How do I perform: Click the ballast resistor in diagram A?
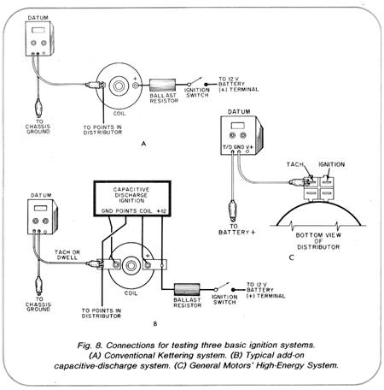[x=162, y=85]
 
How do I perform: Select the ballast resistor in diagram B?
[x=187, y=290]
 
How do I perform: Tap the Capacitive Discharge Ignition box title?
[x=131, y=195]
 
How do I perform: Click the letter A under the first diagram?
[x=143, y=144]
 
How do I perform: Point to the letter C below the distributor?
[x=291, y=257]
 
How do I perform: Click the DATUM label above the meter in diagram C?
[x=239, y=111]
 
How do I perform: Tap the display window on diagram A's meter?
[x=38, y=30]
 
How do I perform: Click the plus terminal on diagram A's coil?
[x=136, y=85]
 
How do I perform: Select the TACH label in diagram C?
[x=295, y=164]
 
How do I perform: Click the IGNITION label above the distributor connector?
[x=331, y=164]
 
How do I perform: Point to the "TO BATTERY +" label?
[x=236, y=229]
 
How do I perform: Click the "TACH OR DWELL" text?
[x=67, y=255]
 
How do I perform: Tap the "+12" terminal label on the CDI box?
[x=161, y=211]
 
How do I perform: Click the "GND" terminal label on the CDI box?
[x=106, y=211]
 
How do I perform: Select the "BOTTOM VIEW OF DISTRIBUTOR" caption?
[x=318, y=241]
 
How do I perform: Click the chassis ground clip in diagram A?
[x=38, y=108]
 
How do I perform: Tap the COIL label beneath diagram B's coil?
[x=131, y=293]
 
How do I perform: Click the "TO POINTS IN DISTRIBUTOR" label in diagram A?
[x=102, y=130]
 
